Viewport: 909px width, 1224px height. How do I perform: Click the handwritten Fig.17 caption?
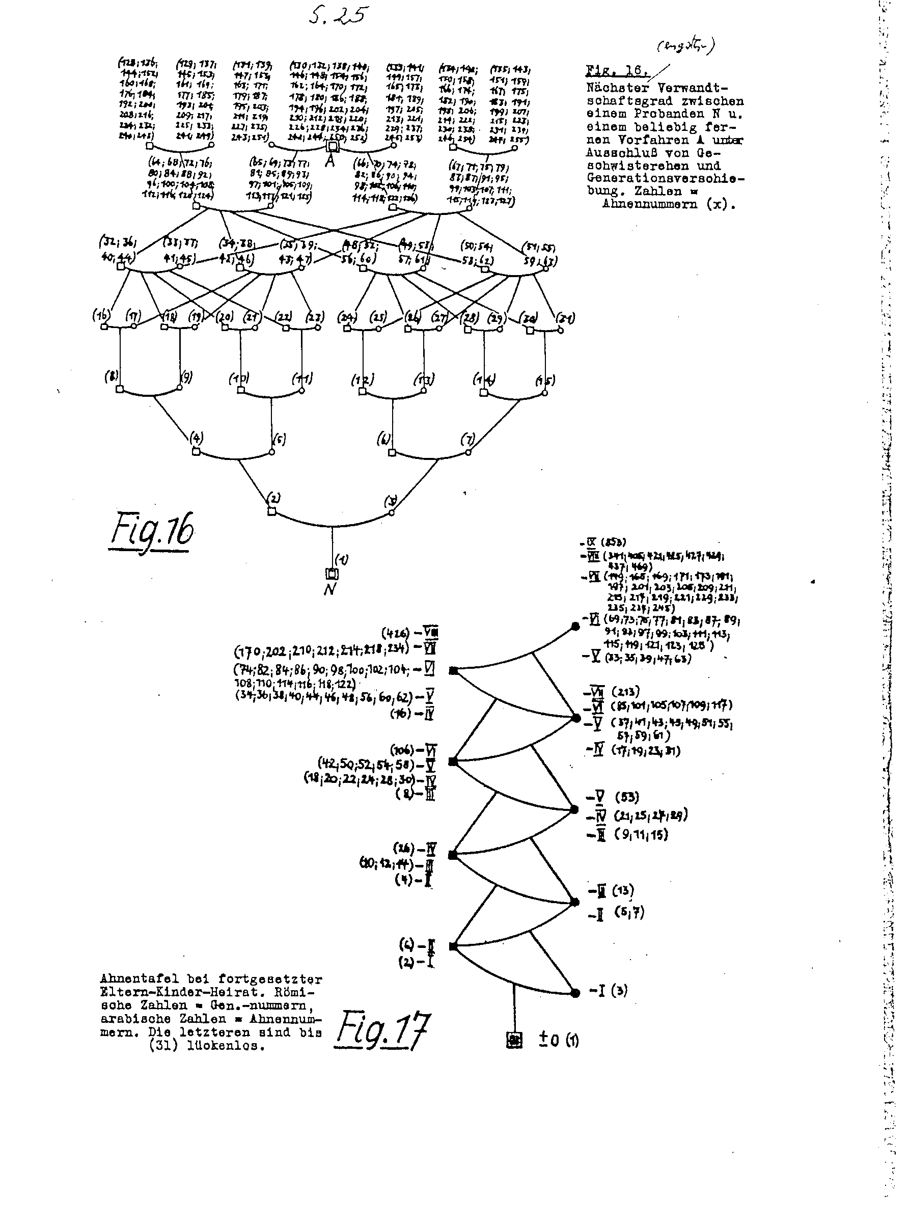pyautogui.click(x=383, y=1030)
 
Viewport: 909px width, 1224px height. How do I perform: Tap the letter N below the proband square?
pyautogui.click(x=329, y=589)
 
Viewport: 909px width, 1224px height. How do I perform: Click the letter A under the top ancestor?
pyautogui.click(x=330, y=161)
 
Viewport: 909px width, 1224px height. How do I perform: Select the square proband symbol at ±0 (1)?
pyautogui.click(x=514, y=1040)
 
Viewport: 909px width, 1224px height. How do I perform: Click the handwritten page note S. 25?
pyautogui.click(x=338, y=15)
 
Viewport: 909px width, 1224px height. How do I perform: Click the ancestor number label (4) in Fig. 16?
pyautogui.click(x=197, y=438)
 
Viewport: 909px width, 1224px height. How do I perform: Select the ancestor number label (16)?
pyautogui.click(x=101, y=315)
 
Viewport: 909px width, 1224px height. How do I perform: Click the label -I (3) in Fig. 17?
pyautogui.click(x=608, y=991)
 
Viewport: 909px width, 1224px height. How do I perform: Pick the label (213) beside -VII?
pyautogui.click(x=626, y=692)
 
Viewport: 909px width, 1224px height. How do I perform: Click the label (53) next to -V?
pyautogui.click(x=627, y=797)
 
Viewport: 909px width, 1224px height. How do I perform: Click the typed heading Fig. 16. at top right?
pyautogui.click(x=617, y=70)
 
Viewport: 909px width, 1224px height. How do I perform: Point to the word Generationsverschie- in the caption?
pyautogui.click(x=665, y=178)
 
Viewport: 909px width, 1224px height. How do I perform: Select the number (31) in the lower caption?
pyautogui.click(x=163, y=1046)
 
